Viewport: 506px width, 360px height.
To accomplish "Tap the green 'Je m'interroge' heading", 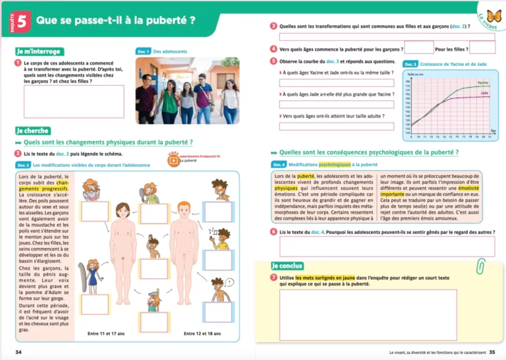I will pos(40,51).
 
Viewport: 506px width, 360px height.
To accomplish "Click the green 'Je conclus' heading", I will pos(287,266).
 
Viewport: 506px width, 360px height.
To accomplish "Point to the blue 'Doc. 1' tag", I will pos(144,51).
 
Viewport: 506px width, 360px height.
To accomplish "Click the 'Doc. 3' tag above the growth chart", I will pos(410,64).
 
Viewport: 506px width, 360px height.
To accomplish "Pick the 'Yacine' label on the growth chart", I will pos(482,83).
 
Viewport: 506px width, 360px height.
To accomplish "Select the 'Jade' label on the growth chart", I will pos(484,94).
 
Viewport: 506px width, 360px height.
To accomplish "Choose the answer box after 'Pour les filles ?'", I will pos(482,47).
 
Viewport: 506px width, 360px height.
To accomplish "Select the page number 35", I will pos(492,352).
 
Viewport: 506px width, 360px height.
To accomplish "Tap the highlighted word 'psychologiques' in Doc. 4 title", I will pos(335,164).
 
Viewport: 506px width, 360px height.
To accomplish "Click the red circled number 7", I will pos(273,278).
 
